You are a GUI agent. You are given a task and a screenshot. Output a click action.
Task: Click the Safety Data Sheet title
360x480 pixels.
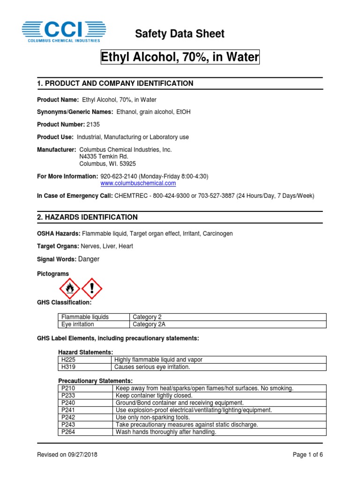tap(180, 34)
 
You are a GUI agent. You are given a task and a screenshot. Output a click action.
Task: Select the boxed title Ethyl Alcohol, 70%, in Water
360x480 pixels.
tap(180, 58)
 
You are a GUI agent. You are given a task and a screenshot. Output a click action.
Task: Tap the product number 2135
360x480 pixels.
tap(93, 124)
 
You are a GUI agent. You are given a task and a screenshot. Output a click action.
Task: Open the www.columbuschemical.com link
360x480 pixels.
tap(138, 183)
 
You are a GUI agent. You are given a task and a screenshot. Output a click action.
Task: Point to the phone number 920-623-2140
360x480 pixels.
tap(122, 176)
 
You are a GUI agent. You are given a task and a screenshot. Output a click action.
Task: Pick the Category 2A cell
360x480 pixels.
tap(149, 324)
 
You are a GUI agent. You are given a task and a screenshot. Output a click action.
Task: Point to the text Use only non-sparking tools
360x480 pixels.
tap(152, 417)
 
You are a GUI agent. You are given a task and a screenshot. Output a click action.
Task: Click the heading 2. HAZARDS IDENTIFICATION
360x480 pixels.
tap(87, 217)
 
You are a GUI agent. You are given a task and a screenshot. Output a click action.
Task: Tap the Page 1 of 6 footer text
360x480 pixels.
tap(307, 455)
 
